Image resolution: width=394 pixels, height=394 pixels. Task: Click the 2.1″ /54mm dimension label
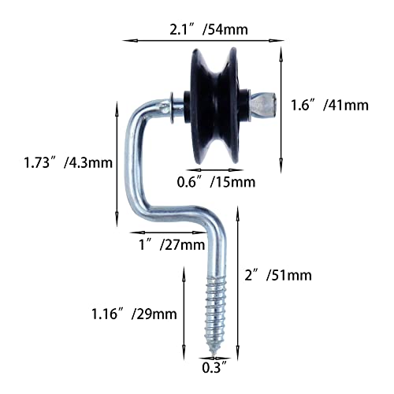tap(209, 29)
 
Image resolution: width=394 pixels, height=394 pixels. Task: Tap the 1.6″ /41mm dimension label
tap(329, 105)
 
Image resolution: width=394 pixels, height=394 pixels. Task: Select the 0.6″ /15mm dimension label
tap(216, 182)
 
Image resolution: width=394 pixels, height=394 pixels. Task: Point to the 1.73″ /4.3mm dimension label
tap(68, 162)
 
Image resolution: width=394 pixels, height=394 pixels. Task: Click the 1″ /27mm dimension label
tap(172, 245)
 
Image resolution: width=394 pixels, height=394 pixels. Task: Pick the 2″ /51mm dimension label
tap(278, 275)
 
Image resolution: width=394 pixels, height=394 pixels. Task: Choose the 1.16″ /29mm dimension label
tap(134, 314)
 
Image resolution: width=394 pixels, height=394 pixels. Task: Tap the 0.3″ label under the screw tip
tap(214, 367)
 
